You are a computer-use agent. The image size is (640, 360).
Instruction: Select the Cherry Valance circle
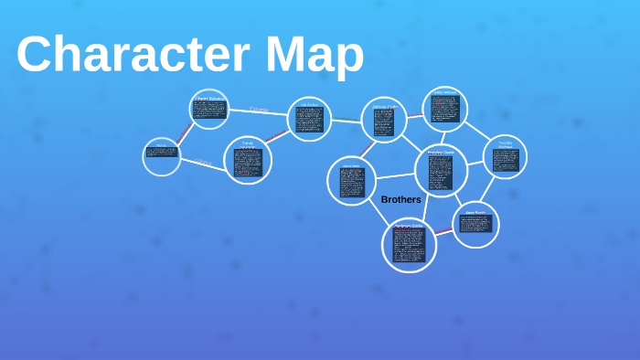pyautogui.click(x=208, y=109)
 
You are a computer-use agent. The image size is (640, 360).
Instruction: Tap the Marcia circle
pyautogui.click(x=162, y=156)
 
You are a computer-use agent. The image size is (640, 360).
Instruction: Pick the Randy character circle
pyautogui.click(x=248, y=160)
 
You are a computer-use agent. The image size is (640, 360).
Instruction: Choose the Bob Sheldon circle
pyautogui.click(x=309, y=119)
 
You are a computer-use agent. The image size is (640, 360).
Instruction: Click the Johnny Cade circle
pyautogui.click(x=384, y=120)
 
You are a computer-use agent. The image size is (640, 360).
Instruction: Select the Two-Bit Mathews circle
pyautogui.click(x=505, y=157)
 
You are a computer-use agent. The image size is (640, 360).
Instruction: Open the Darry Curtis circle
pyautogui.click(x=352, y=180)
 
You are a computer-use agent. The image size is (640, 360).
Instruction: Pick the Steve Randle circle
pyautogui.click(x=476, y=224)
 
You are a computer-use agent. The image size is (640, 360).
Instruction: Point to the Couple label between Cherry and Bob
pyautogui.click(x=260, y=110)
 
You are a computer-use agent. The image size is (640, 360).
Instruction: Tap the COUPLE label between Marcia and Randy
pyautogui.click(x=202, y=163)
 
